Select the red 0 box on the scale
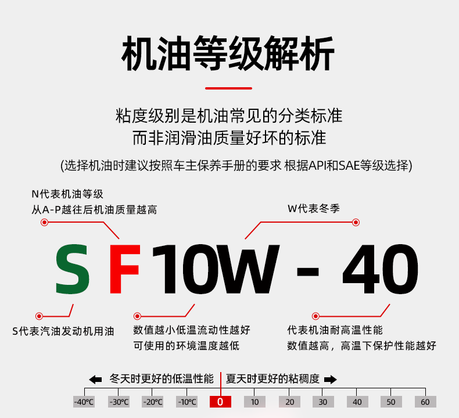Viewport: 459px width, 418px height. [x=220, y=402]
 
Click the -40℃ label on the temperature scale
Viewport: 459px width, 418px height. [x=84, y=402]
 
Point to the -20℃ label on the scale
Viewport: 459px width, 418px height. [x=152, y=402]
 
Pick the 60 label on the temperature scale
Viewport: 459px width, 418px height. [x=425, y=402]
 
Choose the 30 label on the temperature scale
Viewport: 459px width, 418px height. [x=323, y=402]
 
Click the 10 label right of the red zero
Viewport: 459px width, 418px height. [x=254, y=402]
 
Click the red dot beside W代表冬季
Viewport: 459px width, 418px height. [x=356, y=222]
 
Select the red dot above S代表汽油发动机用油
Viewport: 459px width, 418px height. [x=39, y=316]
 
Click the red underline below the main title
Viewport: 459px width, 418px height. [x=229, y=88]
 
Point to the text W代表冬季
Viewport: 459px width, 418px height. [x=314, y=209]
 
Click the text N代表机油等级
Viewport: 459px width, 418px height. [x=67, y=194]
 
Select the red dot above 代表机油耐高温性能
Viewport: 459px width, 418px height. [x=315, y=316]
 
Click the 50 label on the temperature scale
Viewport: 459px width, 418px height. [x=391, y=402]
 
